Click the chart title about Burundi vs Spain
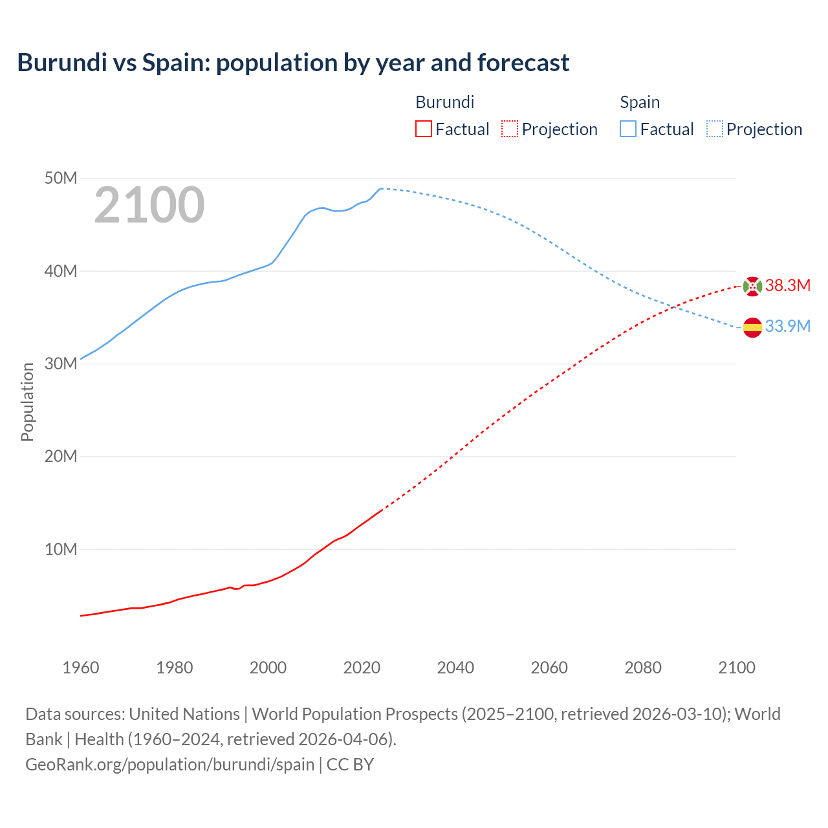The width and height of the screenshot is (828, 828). point(293,63)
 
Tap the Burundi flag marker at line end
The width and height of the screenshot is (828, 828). point(752,286)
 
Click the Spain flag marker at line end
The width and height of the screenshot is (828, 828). point(752,327)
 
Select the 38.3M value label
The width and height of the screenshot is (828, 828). point(787,286)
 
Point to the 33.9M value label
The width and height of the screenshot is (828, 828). point(787,327)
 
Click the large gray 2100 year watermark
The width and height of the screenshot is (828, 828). point(149,205)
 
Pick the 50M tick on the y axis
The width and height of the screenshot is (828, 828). point(61,178)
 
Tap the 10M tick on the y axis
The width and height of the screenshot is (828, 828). point(61,549)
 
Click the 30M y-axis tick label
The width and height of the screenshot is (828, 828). point(61,364)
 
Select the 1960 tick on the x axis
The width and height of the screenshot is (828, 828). point(81,668)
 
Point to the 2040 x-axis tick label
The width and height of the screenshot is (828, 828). point(455,668)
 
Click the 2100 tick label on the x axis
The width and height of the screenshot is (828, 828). point(736,668)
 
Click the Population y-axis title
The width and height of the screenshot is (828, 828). point(27,402)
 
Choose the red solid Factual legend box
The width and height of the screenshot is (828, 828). point(423,129)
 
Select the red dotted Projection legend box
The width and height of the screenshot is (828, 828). point(510,129)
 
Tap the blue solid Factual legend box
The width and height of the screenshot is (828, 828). point(627,129)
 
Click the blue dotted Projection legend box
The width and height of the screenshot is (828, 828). point(714,129)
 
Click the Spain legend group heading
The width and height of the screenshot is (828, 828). point(640,102)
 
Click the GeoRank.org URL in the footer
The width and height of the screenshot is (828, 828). point(170,765)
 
